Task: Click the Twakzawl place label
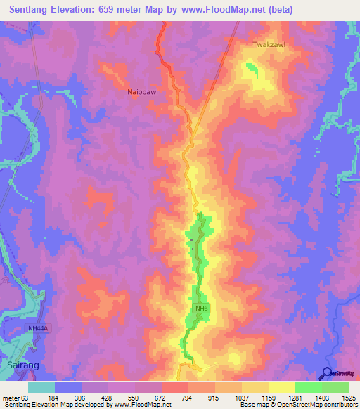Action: point(269,44)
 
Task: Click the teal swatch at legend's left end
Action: point(41,388)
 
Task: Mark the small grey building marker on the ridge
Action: point(191,241)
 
